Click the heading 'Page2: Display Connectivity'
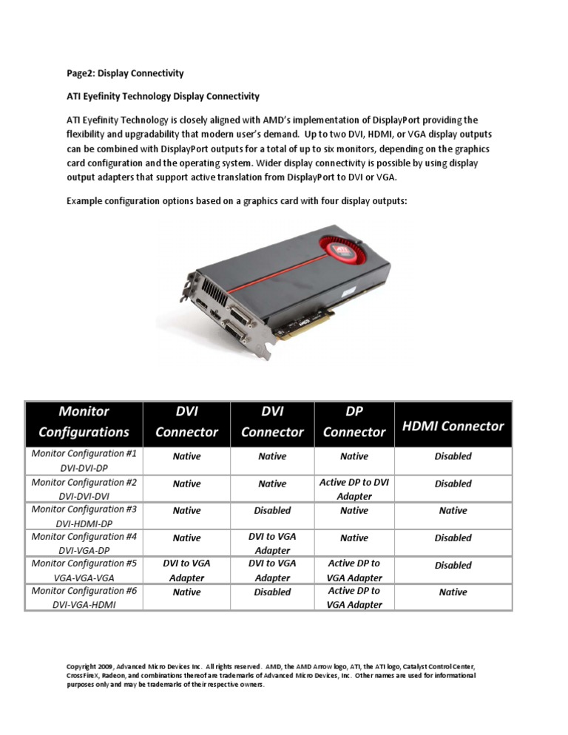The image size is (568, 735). pos(125,73)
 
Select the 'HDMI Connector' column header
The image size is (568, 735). pos(453,425)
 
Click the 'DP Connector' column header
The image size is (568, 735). pos(354,421)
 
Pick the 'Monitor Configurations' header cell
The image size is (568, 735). pos(83,421)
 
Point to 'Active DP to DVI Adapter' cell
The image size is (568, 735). pos(354,490)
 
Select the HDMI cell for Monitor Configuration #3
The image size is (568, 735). pos(453,510)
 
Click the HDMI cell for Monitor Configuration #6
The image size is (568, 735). pos(453,592)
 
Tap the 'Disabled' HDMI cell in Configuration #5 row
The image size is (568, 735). pos(453,565)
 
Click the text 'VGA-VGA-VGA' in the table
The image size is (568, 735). pos(83,577)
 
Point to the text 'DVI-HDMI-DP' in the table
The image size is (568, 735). pos(83,524)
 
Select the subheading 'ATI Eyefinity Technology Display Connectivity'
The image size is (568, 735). pos(163,96)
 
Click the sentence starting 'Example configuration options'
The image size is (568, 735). pos(236,200)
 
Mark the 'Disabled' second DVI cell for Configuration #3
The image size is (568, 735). pos(272,510)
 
